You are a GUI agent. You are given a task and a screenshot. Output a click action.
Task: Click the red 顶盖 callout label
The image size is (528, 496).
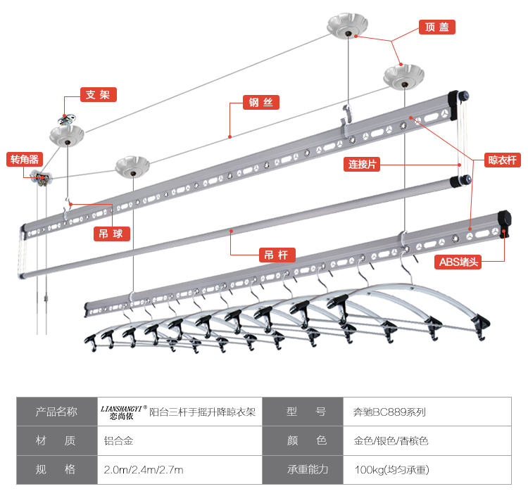point(436,27)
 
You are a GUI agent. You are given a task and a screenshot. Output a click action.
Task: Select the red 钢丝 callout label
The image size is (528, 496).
point(260,102)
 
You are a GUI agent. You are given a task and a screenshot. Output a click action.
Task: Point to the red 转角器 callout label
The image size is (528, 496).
point(25,159)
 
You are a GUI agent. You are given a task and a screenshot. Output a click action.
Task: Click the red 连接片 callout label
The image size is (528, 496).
point(363,165)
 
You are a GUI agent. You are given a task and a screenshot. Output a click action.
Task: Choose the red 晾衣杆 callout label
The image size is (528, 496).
point(503,160)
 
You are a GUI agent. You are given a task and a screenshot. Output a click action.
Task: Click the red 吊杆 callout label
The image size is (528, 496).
point(276,255)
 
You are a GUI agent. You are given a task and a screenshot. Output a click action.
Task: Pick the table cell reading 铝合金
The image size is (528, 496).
point(118,441)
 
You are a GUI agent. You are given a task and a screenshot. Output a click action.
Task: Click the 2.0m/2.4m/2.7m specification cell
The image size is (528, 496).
point(143,469)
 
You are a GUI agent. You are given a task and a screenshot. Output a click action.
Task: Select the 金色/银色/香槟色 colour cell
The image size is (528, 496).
point(391,441)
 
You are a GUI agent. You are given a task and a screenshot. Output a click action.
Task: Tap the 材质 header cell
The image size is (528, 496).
point(56,441)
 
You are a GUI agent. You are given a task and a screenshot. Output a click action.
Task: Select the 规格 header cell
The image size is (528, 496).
point(56,469)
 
